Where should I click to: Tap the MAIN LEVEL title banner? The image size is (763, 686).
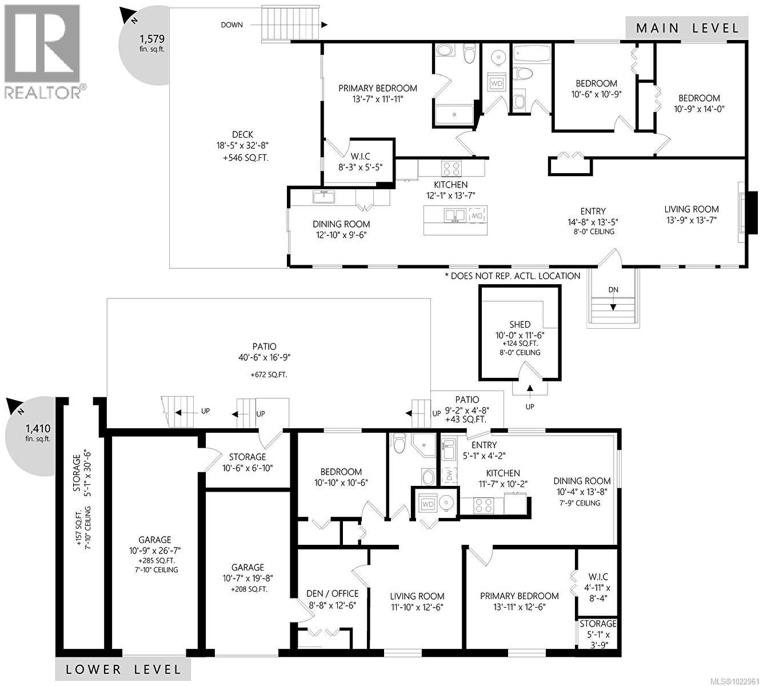686,27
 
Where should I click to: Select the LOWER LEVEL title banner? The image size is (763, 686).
123,669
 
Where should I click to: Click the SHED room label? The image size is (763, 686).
520,324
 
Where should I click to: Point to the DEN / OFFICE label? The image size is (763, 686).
333,593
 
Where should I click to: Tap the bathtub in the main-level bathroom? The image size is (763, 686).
531,55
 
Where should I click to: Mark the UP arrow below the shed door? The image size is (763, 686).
530,391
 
